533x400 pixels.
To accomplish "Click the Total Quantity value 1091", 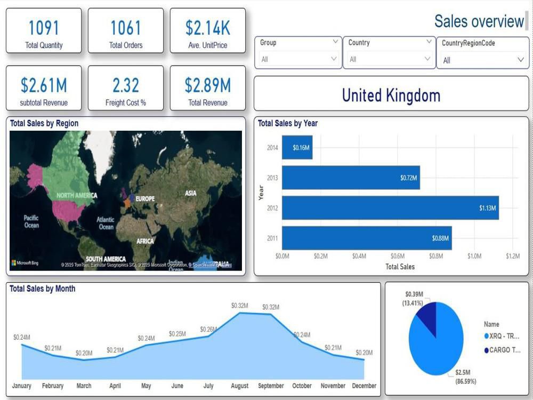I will [44, 28].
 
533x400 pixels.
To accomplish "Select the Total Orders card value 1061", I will [126, 28].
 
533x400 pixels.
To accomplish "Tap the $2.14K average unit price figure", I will [207, 28].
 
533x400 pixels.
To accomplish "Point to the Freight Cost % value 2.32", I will [126, 85].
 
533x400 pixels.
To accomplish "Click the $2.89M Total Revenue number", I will [207, 85].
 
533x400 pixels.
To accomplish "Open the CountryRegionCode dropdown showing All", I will [482, 60].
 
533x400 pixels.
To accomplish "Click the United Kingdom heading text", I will [391, 95].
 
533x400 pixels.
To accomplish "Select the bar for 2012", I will [390, 208].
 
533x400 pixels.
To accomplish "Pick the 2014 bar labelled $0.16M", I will [297, 148].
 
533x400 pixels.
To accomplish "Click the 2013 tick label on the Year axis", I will [272, 178].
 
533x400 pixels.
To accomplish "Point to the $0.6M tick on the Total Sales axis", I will [398, 257].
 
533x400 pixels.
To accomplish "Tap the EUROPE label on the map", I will [145, 199].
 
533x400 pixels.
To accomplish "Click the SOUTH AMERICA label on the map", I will [106, 259].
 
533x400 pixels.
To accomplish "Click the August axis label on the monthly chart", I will [240, 386].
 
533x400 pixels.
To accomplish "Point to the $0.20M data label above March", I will [84, 353].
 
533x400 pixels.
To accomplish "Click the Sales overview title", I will [479, 21].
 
